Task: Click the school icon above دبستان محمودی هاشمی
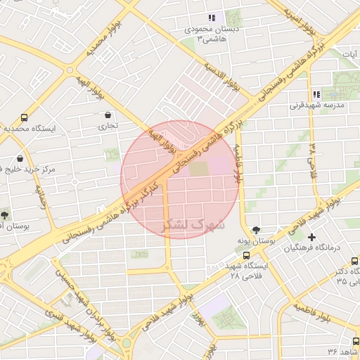pos(211,18)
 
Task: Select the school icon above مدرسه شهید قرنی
pos(316,94)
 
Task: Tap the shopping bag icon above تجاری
pos(107,115)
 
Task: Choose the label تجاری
pos(107,127)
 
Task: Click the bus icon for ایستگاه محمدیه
pos(25,118)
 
